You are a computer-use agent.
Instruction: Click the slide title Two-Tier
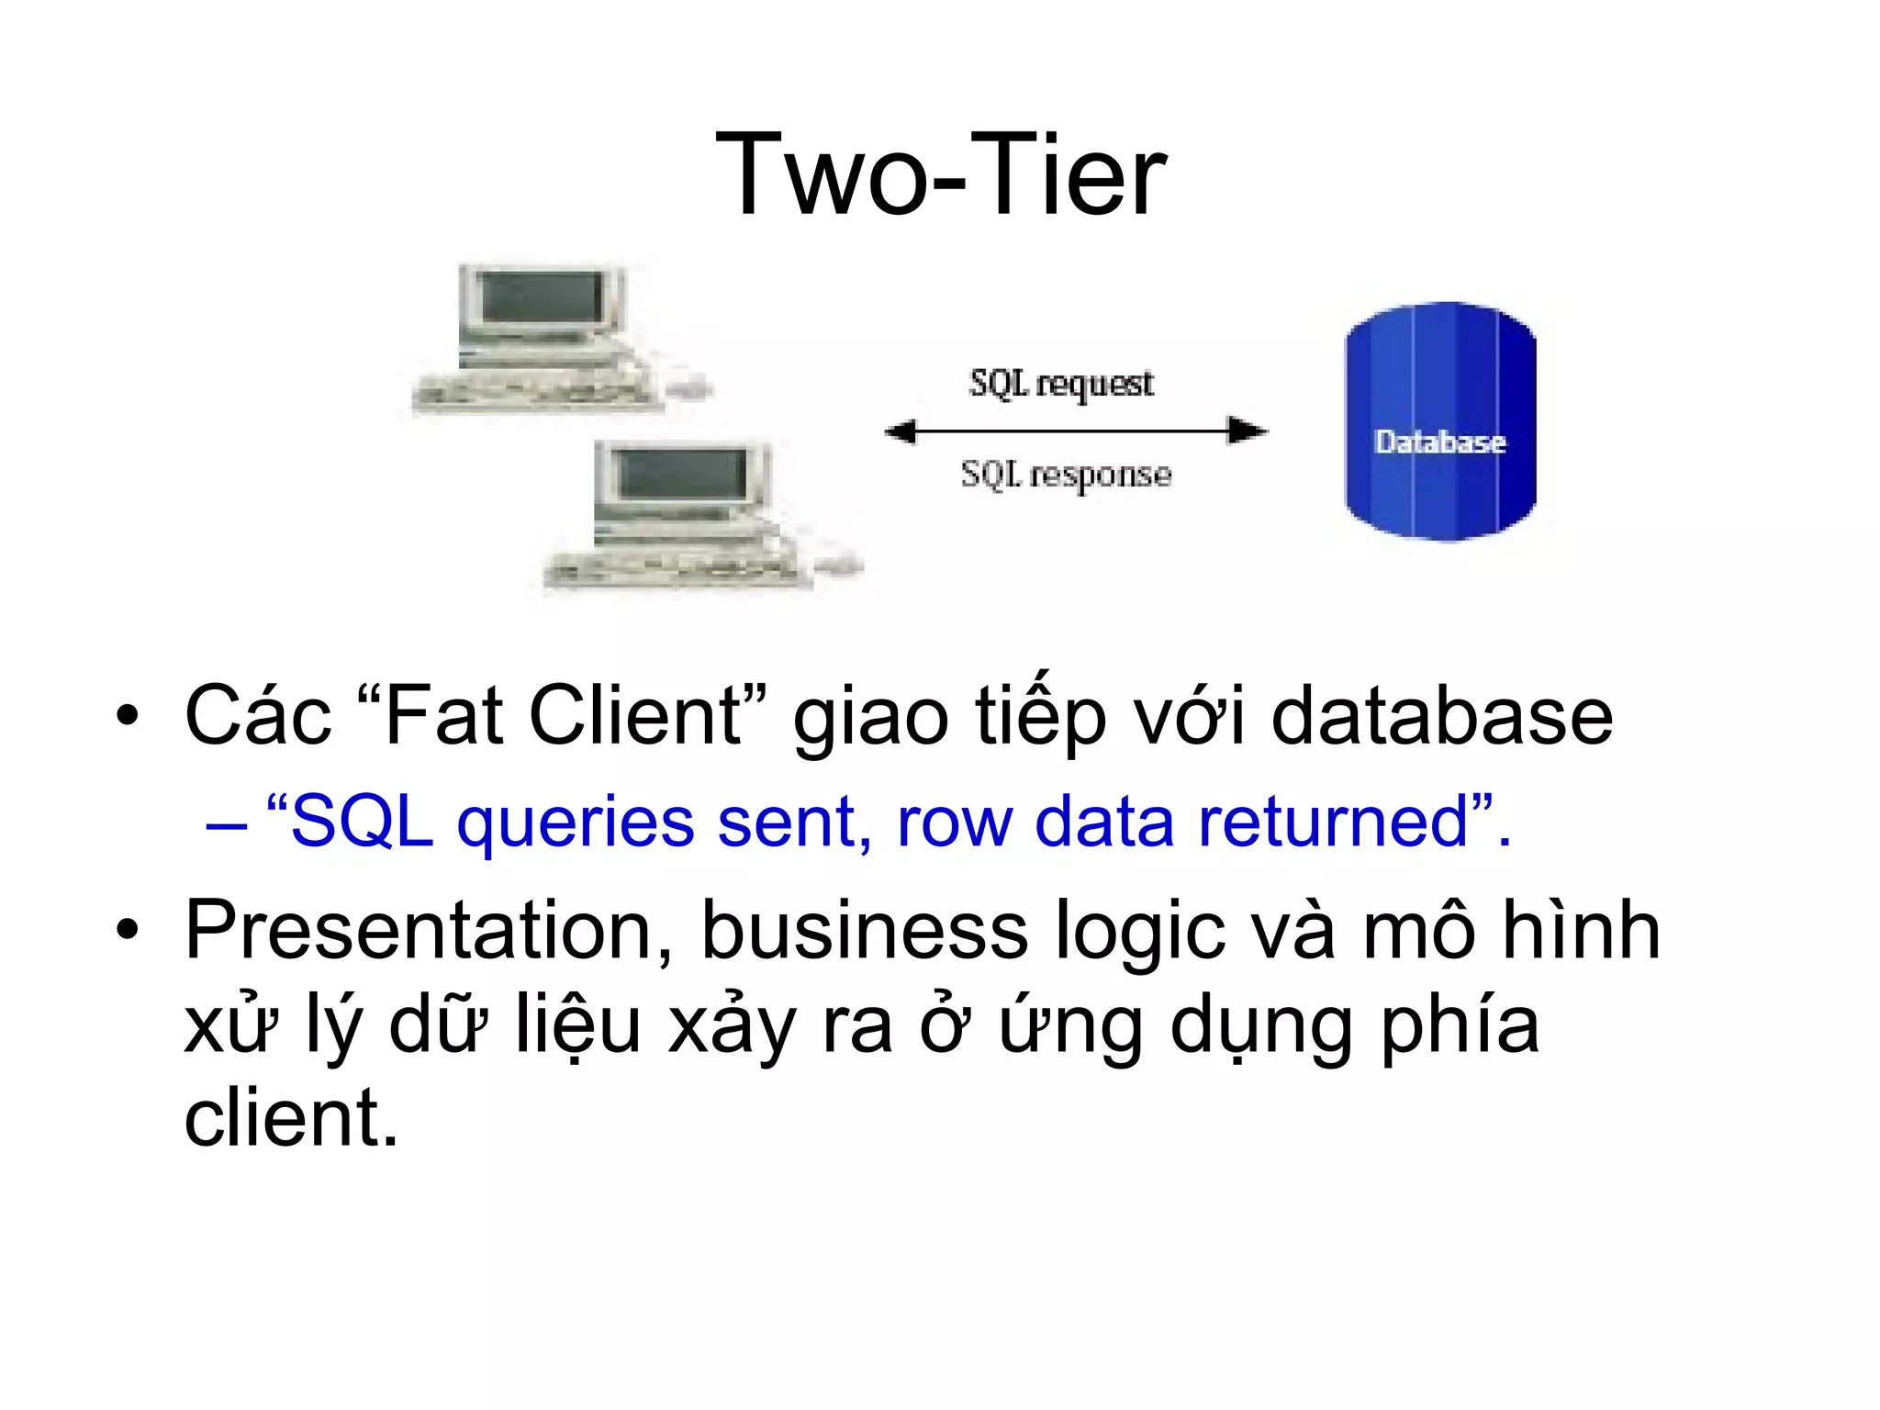(940, 174)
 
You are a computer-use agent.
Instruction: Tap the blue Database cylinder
(1439, 422)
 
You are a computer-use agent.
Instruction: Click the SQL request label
(1061, 384)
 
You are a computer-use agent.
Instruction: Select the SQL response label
(1066, 475)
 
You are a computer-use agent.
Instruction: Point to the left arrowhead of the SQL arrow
(900, 431)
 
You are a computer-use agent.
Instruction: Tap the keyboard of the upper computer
(532, 393)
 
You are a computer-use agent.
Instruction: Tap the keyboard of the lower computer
(675, 571)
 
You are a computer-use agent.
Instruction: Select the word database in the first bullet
(1441, 716)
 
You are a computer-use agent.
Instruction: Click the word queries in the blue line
(576, 822)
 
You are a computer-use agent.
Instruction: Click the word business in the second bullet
(864, 931)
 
